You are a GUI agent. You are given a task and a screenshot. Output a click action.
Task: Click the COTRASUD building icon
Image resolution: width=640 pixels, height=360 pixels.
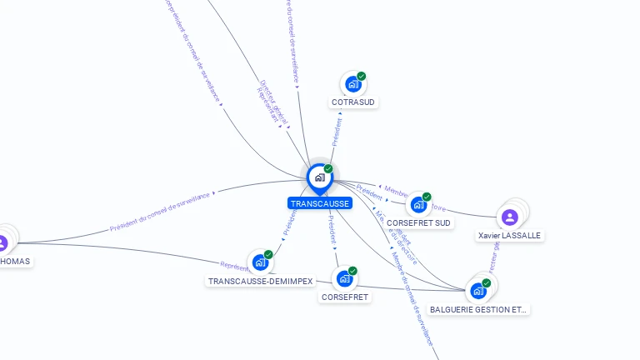point(352,84)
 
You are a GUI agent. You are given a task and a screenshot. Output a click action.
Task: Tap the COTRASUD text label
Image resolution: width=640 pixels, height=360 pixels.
point(353,102)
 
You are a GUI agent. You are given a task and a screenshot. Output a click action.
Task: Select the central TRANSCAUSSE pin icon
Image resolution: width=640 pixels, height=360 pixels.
point(319,177)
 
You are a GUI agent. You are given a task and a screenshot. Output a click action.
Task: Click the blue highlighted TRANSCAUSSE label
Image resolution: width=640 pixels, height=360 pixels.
point(320,203)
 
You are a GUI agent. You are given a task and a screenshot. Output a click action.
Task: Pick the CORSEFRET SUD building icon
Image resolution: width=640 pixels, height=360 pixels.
point(418,205)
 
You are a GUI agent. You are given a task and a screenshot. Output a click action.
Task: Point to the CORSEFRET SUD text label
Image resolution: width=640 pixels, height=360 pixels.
point(419,223)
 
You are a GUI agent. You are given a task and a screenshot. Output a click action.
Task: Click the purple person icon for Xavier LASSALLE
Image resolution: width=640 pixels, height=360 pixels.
point(510,217)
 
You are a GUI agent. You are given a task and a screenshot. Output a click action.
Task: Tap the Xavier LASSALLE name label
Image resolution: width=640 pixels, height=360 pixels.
point(509,236)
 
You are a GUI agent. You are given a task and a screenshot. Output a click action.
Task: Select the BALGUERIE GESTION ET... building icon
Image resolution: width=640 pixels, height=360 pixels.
point(478,291)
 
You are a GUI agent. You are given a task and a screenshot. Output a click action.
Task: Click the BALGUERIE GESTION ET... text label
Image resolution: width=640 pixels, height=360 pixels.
point(478,310)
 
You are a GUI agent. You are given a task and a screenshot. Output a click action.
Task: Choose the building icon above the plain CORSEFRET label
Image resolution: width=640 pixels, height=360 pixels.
point(344,279)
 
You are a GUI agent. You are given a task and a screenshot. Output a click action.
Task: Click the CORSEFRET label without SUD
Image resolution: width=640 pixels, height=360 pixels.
point(345,297)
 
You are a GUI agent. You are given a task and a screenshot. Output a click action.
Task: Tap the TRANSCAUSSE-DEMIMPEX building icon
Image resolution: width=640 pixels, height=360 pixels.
point(260,262)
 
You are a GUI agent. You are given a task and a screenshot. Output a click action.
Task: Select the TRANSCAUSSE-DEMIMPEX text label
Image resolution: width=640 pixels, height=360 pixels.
point(260,282)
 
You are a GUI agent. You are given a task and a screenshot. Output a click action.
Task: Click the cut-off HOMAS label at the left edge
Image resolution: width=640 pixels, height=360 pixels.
point(15,262)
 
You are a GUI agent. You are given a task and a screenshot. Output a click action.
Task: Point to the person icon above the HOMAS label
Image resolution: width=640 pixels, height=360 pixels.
point(2,243)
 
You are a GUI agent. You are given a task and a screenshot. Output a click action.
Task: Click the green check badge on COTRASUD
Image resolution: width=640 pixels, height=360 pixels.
point(362,76)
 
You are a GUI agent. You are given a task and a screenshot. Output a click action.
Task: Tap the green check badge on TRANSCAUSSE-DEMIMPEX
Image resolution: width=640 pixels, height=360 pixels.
point(268,254)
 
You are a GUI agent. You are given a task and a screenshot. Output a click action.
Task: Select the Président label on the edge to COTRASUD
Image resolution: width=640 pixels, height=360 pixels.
point(337,132)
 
